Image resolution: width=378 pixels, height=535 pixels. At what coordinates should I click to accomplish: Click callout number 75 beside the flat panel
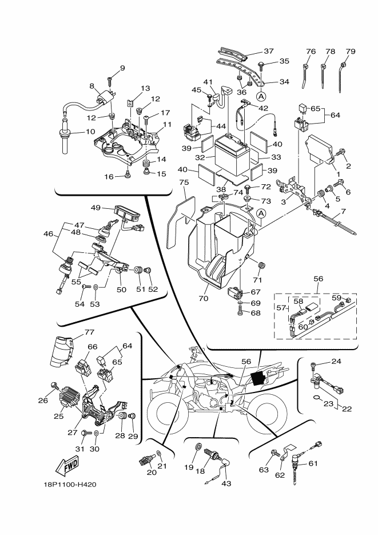coord(183,183)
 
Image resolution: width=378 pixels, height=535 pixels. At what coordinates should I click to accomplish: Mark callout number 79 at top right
coord(350,51)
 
